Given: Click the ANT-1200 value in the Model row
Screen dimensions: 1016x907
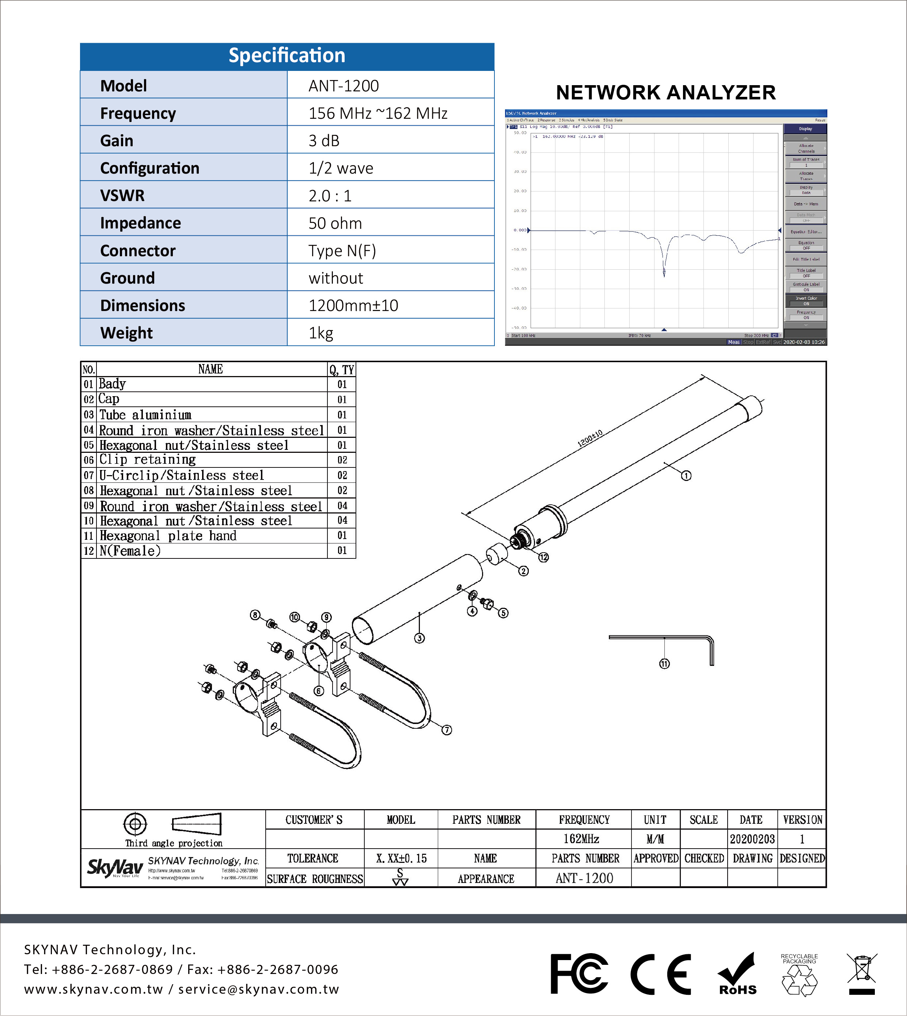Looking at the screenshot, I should tap(344, 86).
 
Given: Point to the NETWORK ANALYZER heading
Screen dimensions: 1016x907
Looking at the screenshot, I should tap(665, 93).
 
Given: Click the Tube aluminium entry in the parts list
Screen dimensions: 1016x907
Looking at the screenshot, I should tap(145, 414).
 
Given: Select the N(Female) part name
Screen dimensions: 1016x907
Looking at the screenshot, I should tap(130, 551).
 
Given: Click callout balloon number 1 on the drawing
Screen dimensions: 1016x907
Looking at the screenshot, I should tap(686, 476).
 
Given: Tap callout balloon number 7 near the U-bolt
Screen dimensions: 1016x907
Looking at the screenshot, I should tap(447, 729).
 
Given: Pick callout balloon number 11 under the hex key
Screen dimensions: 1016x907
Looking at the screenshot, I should tap(664, 664).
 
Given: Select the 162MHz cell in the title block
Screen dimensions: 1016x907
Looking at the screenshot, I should tap(581, 839).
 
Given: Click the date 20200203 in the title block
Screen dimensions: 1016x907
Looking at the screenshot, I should tap(752, 839).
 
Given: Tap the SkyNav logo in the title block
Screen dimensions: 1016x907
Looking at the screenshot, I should tap(115, 868).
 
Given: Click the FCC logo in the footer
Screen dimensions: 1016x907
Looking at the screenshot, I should tap(579, 974).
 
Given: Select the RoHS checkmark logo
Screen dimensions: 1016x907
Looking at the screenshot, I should tap(737, 974).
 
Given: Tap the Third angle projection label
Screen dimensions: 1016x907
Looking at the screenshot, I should tap(174, 843).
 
